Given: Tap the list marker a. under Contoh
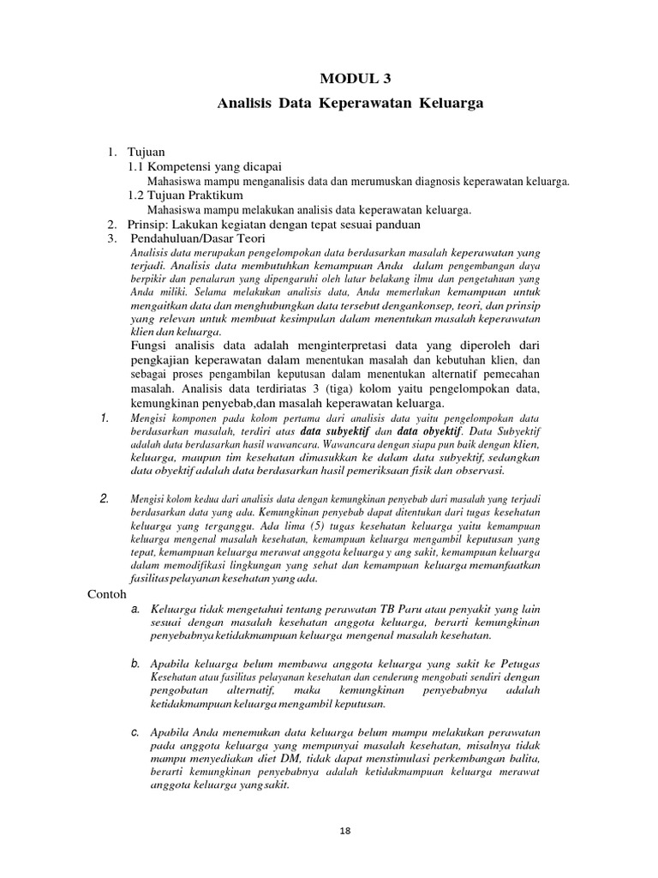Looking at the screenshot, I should [135, 609].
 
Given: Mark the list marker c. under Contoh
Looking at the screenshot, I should [135, 731].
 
